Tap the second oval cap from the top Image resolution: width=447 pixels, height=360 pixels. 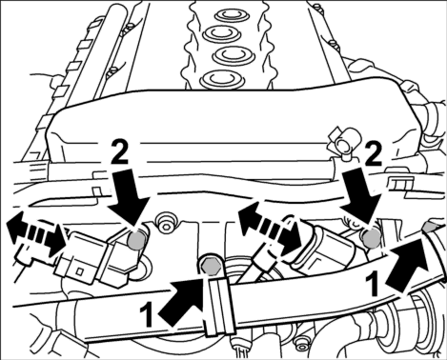pyautogui.click(x=223, y=32)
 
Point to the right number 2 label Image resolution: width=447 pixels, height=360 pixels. pyautogui.click(x=373, y=155)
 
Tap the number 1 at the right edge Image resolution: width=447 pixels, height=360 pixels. pyautogui.click(x=373, y=285)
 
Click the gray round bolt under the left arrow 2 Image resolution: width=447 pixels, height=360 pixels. pyautogui.click(x=137, y=241)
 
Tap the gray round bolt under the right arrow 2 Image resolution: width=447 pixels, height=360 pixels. pyautogui.click(x=372, y=238)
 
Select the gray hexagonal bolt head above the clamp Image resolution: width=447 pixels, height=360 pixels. pyautogui.click(x=211, y=265)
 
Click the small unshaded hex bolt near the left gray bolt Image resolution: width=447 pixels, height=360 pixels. pyautogui.click(x=165, y=223)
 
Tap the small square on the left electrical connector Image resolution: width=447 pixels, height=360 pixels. pyautogui.click(x=80, y=271)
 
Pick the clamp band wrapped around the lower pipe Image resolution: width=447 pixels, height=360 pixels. pyautogui.click(x=219, y=305)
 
